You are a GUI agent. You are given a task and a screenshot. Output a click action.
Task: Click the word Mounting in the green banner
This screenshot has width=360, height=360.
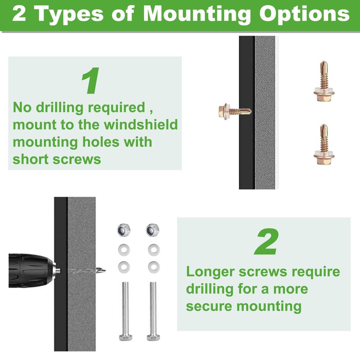197,15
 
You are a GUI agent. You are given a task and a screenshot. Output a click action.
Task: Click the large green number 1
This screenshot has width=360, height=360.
91,81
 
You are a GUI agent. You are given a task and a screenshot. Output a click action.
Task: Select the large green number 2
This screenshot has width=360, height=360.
266,242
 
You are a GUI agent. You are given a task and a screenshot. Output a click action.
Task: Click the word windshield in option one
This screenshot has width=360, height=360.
141,125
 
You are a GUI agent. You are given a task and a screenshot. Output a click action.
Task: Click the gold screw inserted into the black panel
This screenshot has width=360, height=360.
234,111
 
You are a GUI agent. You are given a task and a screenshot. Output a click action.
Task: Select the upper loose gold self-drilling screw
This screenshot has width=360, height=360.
324,81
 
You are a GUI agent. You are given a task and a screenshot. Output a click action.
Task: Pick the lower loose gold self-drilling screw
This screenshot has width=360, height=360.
324,144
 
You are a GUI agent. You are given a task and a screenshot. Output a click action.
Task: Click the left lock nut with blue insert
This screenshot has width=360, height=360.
124,229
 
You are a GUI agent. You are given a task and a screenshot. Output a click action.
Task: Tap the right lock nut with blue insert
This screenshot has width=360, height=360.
153,229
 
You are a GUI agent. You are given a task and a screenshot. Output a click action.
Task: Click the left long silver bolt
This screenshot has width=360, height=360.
126,311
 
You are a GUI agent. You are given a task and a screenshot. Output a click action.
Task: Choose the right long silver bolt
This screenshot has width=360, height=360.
153,311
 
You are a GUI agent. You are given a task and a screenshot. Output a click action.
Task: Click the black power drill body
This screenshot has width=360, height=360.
32,270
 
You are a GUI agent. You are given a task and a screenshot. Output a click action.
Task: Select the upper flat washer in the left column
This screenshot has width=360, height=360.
124,250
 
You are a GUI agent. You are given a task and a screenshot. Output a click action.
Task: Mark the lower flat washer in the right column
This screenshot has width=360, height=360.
153,267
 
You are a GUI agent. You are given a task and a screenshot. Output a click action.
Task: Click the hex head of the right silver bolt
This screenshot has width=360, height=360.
153,337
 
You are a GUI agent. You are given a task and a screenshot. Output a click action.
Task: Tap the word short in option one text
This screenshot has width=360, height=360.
31,159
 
